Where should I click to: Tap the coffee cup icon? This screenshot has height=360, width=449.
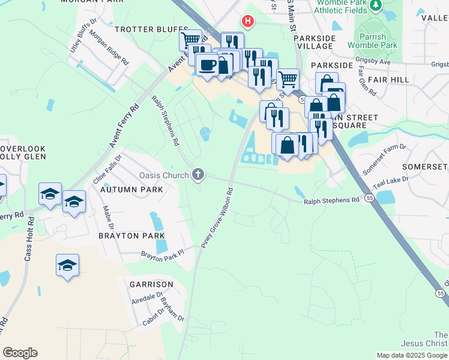point(207,65)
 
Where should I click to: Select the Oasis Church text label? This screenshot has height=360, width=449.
point(164,175)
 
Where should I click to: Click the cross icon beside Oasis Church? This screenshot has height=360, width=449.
point(198,175)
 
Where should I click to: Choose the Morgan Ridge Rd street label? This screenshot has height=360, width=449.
point(109,48)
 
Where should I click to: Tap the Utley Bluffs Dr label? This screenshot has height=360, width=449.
point(83,37)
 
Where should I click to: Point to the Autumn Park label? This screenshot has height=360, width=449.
point(131,190)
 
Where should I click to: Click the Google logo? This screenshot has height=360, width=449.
point(20,353)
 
